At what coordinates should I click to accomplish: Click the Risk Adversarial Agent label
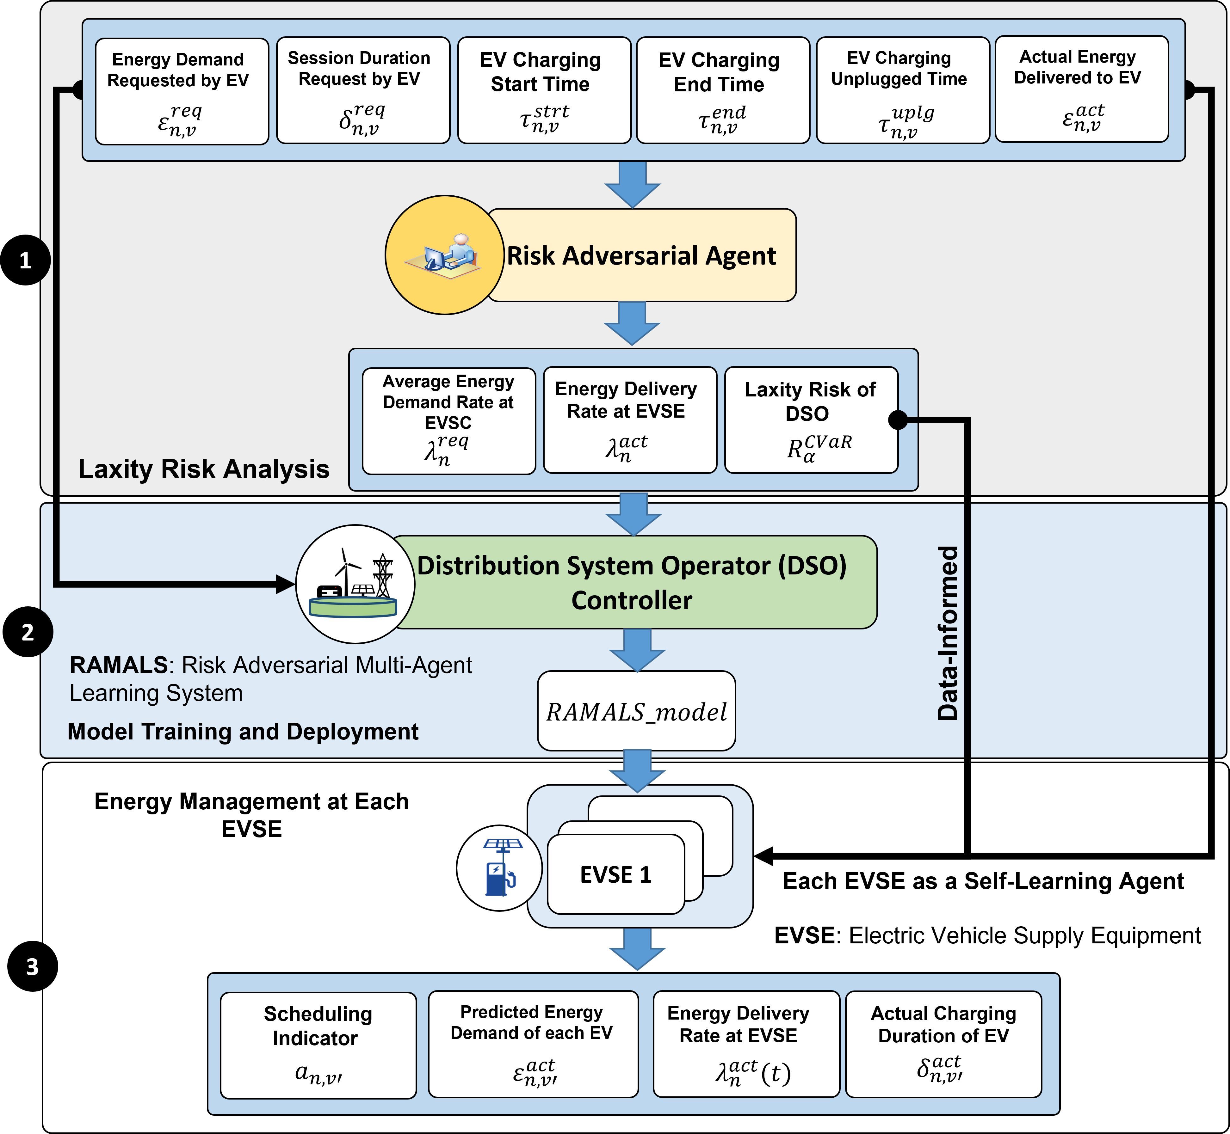641,255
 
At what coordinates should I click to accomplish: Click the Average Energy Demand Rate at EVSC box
449,421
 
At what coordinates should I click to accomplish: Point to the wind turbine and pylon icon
355,584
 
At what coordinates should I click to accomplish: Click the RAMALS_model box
636,711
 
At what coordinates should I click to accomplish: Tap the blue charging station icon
499,868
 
